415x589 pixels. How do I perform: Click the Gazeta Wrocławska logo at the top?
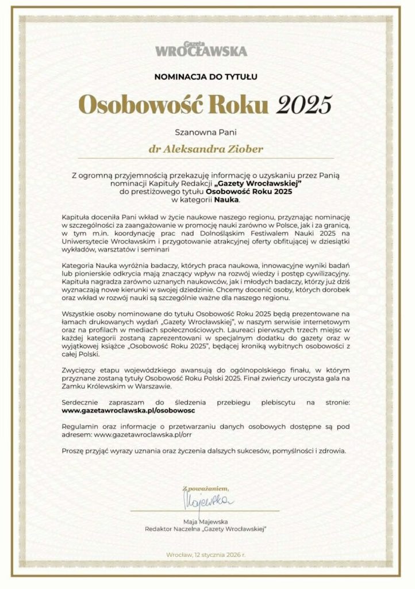(x=201, y=48)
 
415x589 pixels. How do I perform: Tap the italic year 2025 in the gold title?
(x=305, y=105)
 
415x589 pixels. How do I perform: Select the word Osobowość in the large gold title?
(x=144, y=105)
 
